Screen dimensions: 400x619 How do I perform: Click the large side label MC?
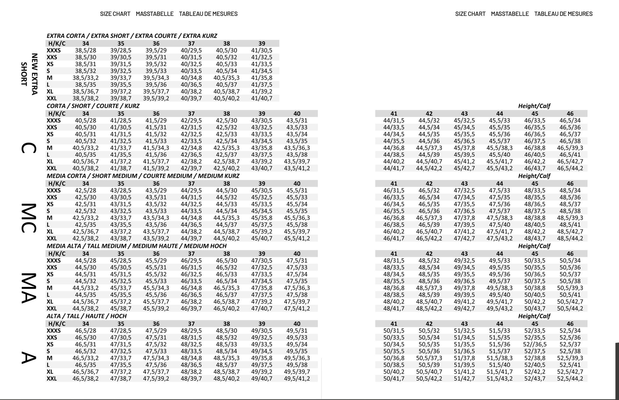29,218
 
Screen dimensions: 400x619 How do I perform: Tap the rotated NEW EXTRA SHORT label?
29,74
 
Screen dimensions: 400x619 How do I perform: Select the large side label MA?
29,288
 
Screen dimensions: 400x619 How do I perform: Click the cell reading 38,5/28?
85,51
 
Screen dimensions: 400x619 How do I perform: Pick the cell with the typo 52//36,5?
535,344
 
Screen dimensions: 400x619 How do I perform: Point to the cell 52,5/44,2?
570,379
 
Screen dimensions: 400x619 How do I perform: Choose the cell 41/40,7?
261,98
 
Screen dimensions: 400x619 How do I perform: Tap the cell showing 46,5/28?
85,331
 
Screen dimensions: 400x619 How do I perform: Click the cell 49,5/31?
296,331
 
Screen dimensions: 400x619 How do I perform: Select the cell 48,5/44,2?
570,238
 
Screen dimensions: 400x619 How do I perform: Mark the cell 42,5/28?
85,191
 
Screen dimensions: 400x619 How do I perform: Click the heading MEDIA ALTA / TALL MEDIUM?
136,246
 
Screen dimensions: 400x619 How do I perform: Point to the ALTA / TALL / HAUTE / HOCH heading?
87,316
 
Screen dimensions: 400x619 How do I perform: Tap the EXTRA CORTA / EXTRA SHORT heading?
132,36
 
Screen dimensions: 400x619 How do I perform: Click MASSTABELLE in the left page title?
155,14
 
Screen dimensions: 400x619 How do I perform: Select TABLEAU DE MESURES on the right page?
563,14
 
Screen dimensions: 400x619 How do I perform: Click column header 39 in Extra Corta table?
261,44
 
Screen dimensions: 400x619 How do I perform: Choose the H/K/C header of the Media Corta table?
57,184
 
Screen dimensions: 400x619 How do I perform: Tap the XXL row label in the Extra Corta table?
52,98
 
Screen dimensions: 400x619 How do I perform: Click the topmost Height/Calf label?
534,106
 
